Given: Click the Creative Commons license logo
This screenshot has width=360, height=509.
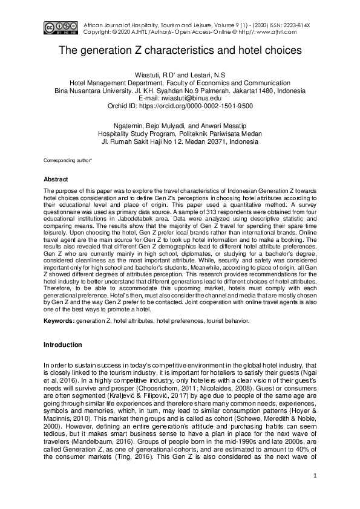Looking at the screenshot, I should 59,27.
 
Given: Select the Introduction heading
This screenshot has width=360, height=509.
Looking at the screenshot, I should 62,345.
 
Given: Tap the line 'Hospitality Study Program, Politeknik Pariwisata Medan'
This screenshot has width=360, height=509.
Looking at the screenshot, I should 180,133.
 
